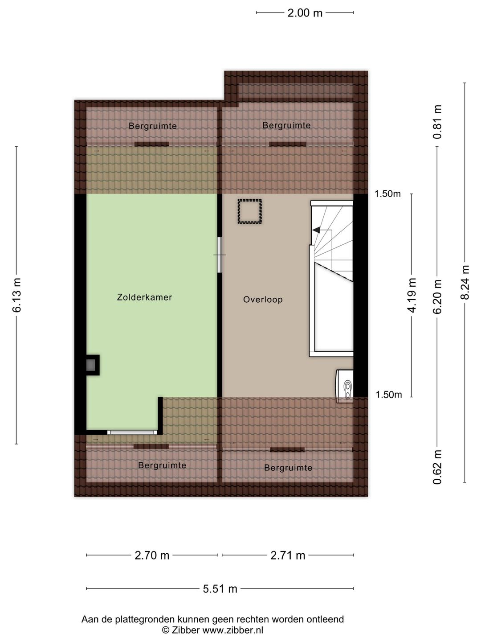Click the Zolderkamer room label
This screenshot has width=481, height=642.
click(144, 297)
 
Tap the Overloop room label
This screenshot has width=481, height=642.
click(263, 300)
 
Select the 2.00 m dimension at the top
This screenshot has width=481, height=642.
click(305, 13)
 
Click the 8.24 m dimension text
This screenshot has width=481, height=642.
click(465, 282)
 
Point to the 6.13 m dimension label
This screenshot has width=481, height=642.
click(16, 295)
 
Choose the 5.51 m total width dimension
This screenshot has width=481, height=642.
click(220, 589)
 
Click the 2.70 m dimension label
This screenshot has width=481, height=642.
click(152, 555)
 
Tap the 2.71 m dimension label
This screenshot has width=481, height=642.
click(288, 555)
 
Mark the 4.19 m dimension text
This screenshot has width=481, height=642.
click(412, 296)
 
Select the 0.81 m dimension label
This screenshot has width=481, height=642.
click(437, 122)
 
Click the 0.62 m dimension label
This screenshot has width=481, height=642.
click(437, 467)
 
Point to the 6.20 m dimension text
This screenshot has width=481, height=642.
click(437, 296)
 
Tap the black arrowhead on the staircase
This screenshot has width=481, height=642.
click(316, 230)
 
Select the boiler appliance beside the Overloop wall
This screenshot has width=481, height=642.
click(345, 387)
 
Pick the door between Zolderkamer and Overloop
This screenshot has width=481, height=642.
click(220, 255)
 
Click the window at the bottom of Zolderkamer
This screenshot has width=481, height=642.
click(132, 432)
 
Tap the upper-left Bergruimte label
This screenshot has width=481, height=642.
click(153, 126)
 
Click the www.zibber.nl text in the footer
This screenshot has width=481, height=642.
click(233, 630)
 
